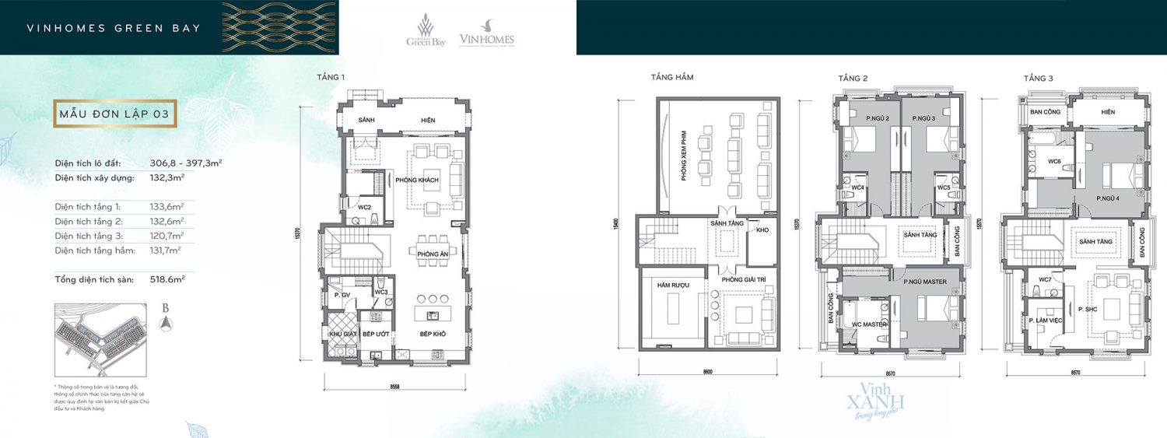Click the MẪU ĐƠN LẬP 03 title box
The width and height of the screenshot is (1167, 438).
pos(114,114)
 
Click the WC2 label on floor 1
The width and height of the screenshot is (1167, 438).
pos(364,208)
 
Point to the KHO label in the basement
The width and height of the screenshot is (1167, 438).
pos(762,230)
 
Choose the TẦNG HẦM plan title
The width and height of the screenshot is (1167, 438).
pos(672,77)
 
